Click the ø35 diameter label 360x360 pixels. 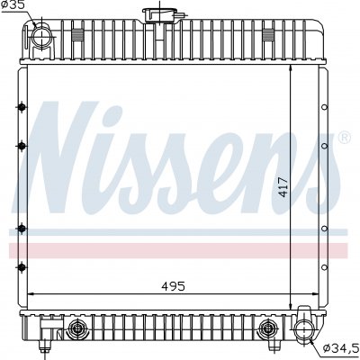[x=13, y=5]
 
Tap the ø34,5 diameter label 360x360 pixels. [x=340, y=348]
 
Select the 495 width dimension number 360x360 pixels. [x=173, y=286]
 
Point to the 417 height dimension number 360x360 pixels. [x=283, y=187]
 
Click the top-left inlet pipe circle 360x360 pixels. [x=41, y=37]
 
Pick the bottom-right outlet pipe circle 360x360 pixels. [x=303, y=328]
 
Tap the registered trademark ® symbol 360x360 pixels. [x=345, y=138]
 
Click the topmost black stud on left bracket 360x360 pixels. [x=22, y=107]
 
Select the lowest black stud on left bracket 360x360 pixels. [x=22, y=266]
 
